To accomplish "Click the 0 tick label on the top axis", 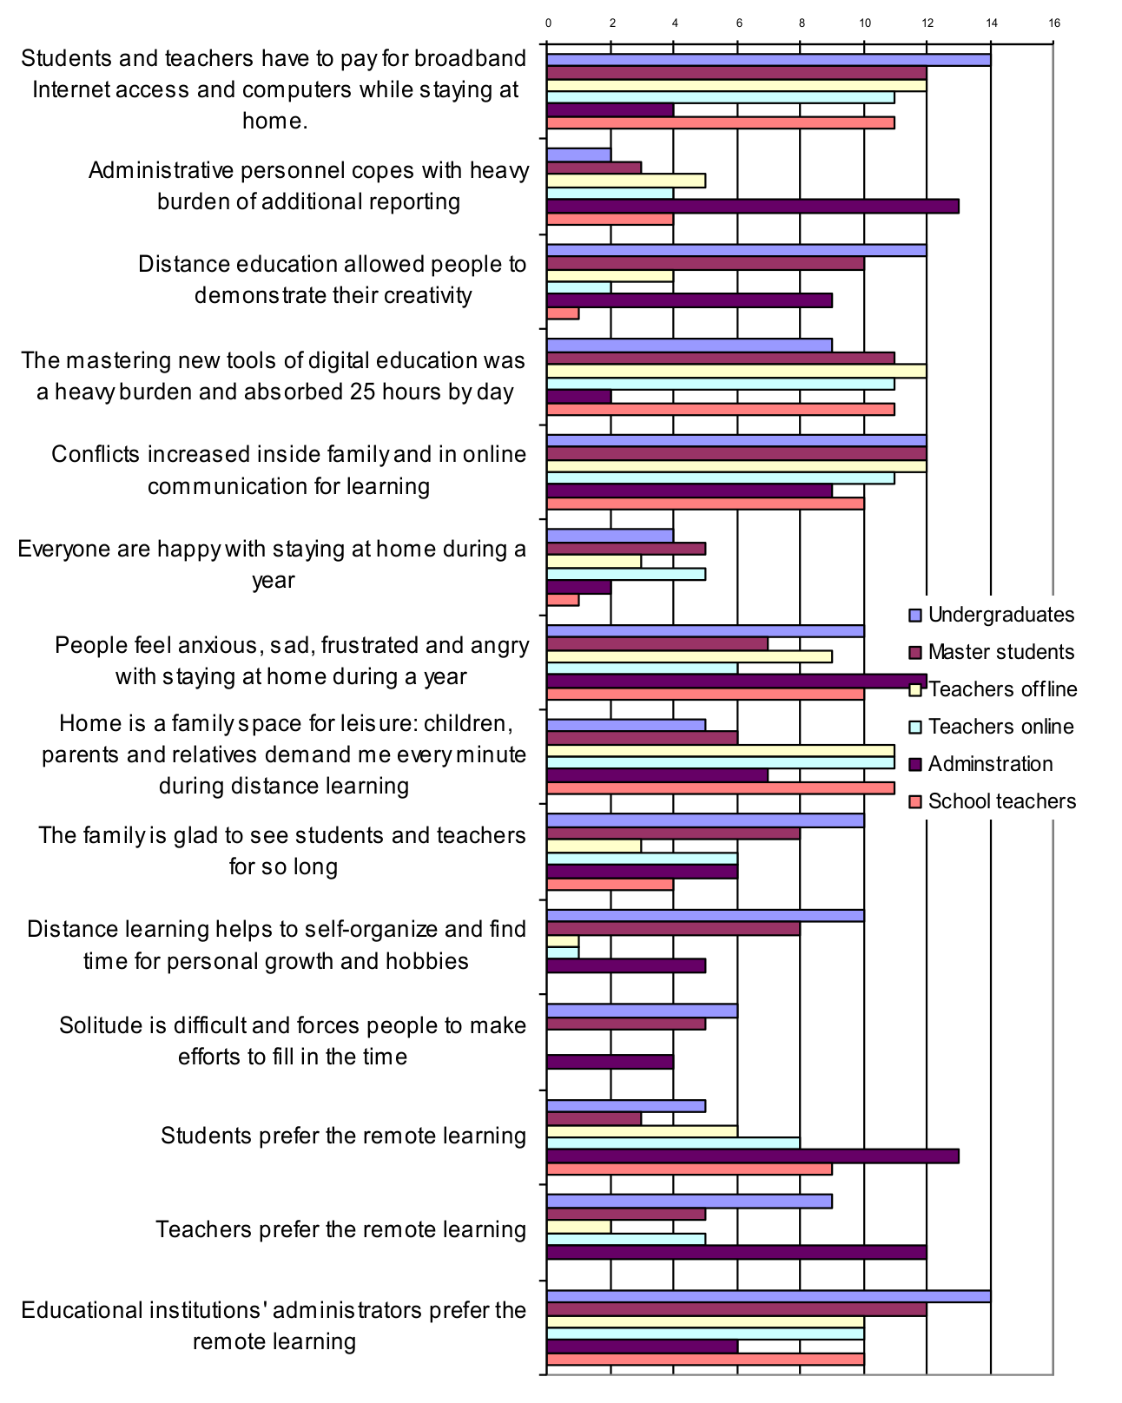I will [548, 23].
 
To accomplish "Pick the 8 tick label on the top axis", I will [801, 23].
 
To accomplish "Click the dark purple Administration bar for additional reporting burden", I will [753, 207].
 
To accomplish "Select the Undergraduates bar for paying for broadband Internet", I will [769, 60].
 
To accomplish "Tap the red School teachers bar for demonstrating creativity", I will [563, 313].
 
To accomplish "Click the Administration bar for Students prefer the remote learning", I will [753, 1156].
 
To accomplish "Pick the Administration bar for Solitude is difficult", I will [610, 1062].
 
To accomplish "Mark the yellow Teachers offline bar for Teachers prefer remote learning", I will [578, 1227].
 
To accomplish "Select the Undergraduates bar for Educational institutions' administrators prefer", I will [769, 1296].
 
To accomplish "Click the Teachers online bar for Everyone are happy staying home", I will [626, 574].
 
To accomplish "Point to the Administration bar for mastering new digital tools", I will [579, 397].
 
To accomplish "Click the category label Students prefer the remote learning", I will [343, 1136].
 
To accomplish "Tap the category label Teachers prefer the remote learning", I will [340, 1229].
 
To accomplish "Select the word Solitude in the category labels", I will [94, 1025].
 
